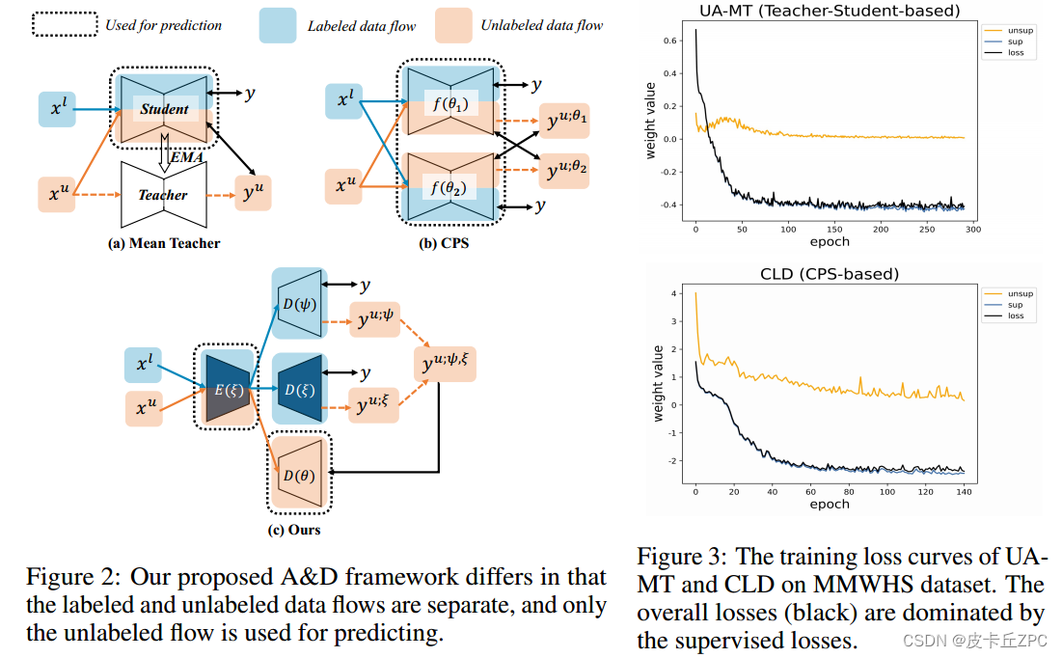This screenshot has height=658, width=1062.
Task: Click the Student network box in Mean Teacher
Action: (164, 109)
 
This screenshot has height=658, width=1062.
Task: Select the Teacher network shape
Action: (162, 194)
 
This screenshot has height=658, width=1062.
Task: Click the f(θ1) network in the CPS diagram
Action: (449, 102)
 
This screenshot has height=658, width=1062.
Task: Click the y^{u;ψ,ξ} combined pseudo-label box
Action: (448, 363)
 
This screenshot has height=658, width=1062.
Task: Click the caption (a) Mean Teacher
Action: (163, 243)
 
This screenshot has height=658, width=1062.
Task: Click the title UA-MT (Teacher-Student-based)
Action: (830, 12)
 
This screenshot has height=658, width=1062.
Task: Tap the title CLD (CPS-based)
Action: (830, 274)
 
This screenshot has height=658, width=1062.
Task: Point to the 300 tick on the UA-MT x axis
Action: (971, 231)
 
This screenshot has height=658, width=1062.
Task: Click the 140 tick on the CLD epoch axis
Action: (964, 491)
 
